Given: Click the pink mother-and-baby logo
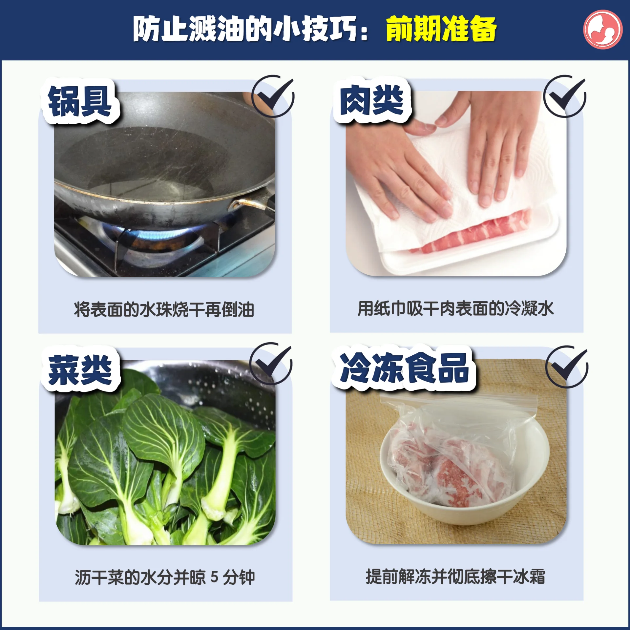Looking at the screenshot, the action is pyautogui.click(x=602, y=30).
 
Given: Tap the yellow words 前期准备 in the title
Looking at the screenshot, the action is pyautogui.click(x=441, y=30).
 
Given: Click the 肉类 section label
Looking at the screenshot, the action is pyautogui.click(x=372, y=100).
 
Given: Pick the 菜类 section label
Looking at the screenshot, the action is pyautogui.click(x=80, y=369).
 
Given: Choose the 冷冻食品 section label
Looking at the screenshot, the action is pyautogui.click(x=404, y=368).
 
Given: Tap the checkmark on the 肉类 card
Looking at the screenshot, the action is pyautogui.click(x=564, y=96).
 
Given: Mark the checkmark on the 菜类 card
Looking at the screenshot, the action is pyautogui.click(x=271, y=364).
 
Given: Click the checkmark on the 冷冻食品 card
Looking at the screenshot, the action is pyautogui.click(x=567, y=367).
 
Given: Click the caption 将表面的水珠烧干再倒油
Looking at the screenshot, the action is pyautogui.click(x=164, y=309).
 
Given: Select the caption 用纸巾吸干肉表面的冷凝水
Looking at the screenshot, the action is pyautogui.click(x=455, y=308).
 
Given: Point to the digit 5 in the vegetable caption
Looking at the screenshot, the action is pyautogui.click(x=214, y=577).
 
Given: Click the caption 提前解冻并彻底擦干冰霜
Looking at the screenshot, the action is pyautogui.click(x=455, y=577).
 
